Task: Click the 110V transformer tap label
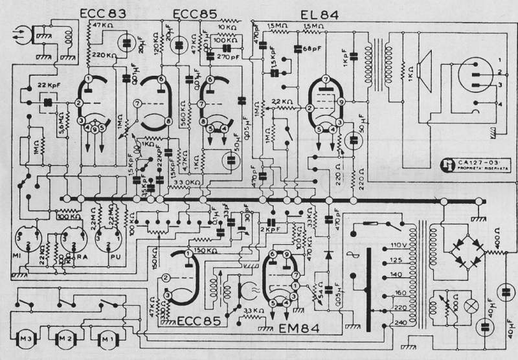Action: [x=396, y=247]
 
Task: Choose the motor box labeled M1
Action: [x=107, y=337]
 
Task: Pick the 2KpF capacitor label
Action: [x=268, y=229]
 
